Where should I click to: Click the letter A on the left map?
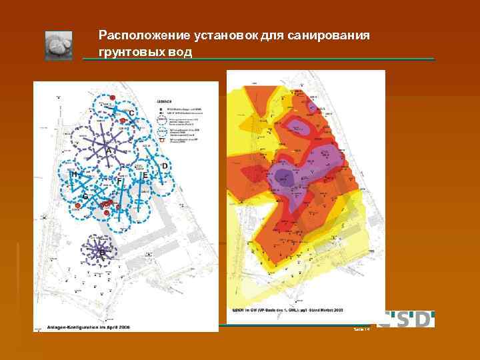[108, 151]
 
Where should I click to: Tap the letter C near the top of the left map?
[132, 114]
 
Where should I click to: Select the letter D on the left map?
[165, 165]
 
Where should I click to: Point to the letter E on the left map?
[144, 175]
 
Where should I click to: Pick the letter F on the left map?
[119, 180]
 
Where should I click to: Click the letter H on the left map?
[75, 175]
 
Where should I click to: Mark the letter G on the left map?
[85, 197]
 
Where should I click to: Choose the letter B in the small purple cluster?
[101, 253]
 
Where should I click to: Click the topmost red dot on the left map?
[113, 99]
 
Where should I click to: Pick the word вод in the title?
[177, 51]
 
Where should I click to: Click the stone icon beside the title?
[59, 45]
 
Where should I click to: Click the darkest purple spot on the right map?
[284, 177]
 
